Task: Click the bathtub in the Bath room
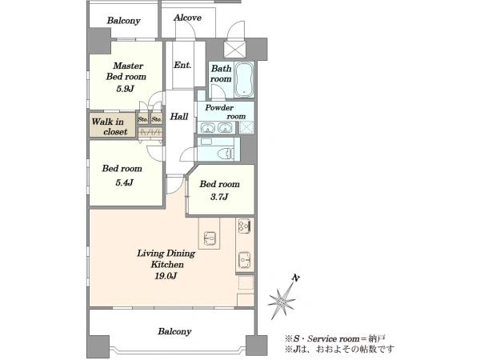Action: click(x=245, y=80)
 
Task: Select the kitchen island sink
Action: click(x=210, y=238)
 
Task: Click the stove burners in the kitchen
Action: click(x=244, y=226)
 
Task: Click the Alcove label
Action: click(x=187, y=18)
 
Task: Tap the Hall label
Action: click(x=179, y=116)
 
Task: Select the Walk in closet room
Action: click(x=112, y=126)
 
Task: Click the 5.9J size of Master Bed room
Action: click(x=125, y=89)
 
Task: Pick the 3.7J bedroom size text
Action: click(x=219, y=197)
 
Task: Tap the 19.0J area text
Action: click(x=166, y=276)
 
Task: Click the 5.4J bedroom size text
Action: click(x=124, y=182)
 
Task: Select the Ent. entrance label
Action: click(x=182, y=65)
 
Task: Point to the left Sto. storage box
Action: click(x=143, y=118)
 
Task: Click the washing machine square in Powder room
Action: click(x=246, y=128)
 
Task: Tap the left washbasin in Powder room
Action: click(x=207, y=127)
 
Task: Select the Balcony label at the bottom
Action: click(x=174, y=331)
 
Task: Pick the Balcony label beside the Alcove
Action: click(x=124, y=21)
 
